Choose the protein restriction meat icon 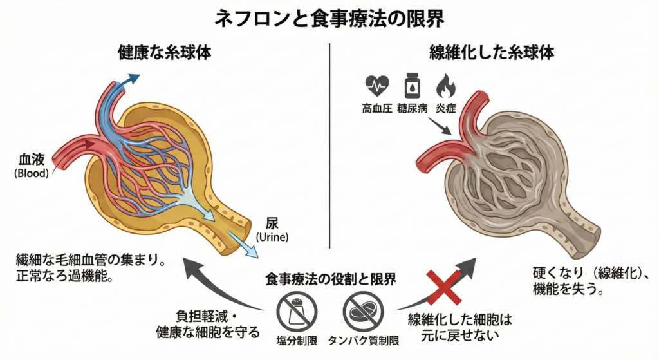[362, 310]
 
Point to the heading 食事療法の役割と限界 [330, 279]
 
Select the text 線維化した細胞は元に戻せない [459, 327]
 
